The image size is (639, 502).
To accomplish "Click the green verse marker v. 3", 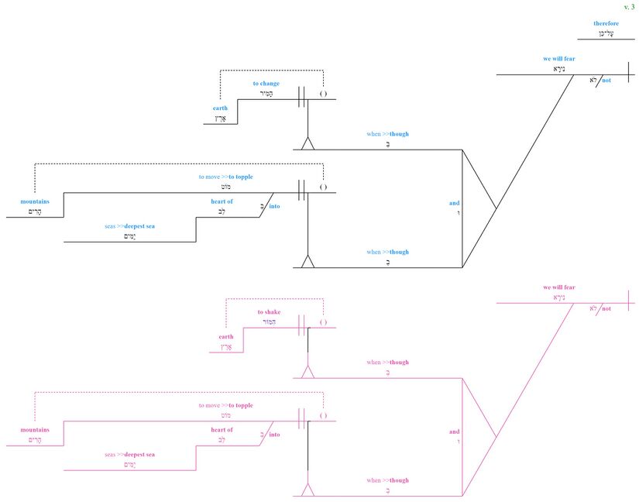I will click(x=628, y=6).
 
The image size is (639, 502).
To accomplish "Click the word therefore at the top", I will click(x=606, y=23).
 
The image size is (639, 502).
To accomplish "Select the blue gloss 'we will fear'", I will click(x=559, y=59).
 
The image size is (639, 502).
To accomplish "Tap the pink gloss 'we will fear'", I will click(x=559, y=287).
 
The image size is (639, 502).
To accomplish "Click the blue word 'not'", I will click(x=606, y=80).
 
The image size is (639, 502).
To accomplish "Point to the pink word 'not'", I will click(x=606, y=308).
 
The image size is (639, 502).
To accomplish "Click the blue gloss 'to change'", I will click(x=266, y=84).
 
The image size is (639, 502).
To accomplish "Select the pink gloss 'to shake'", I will click(x=269, y=312).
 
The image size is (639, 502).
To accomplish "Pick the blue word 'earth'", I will click(x=221, y=108).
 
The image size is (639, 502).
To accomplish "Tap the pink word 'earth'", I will click(x=225, y=337).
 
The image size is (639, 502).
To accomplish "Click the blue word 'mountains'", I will click(x=35, y=201).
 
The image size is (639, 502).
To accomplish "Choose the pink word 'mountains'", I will click(x=35, y=430).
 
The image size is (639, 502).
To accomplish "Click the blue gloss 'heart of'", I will click(x=222, y=201).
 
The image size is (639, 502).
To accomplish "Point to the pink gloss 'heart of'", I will click(x=222, y=430).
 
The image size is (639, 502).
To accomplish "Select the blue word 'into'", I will click(x=275, y=206).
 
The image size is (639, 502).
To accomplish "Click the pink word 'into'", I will click(x=275, y=435).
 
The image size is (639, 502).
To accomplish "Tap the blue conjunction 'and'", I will click(x=454, y=204).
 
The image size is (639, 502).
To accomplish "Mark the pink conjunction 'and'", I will click(x=454, y=432).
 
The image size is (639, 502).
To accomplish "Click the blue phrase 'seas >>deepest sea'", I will click(x=129, y=226).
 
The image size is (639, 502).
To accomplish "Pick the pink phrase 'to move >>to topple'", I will click(x=225, y=405).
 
